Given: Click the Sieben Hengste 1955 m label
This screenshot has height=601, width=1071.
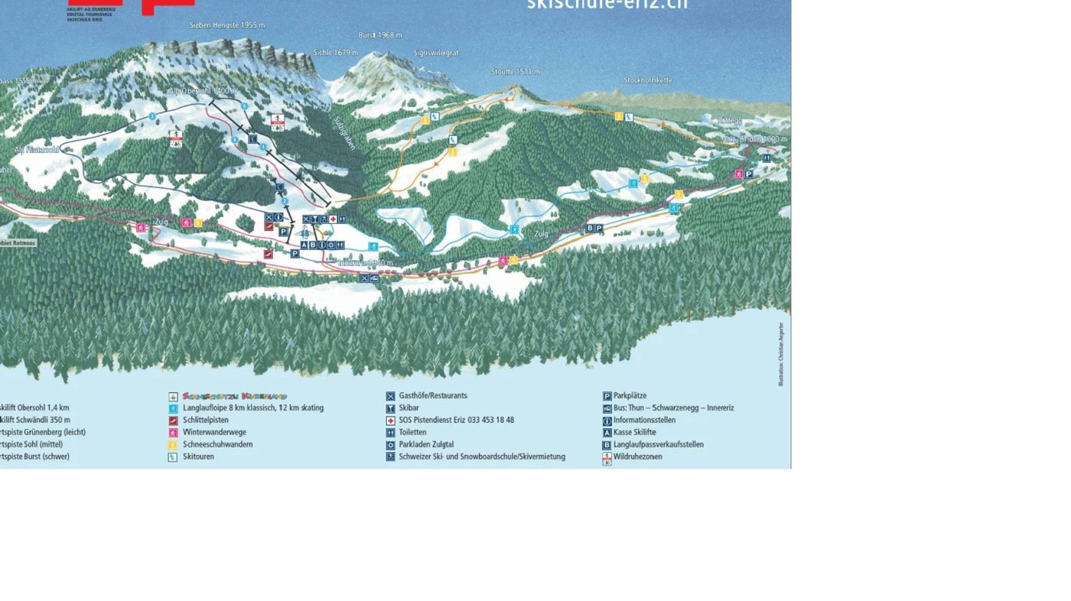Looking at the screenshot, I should tap(227, 25).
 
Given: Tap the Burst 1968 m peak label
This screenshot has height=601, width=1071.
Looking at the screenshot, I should tap(380, 35).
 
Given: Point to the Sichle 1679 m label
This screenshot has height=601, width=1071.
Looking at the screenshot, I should tap(336, 53).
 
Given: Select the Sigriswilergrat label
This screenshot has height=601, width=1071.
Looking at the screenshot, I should tap(436, 53).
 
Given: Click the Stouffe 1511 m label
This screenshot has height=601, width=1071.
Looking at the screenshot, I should tap(516, 72).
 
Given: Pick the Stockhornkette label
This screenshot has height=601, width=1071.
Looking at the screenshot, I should tap(648, 80).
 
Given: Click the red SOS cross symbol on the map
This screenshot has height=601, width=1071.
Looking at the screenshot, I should tap(333, 219).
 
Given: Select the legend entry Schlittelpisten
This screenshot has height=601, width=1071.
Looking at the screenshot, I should tap(206, 421).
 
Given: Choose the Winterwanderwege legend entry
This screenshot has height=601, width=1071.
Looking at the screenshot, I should tap(214, 433).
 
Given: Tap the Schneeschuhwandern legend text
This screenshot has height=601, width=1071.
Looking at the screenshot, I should tap(217, 445).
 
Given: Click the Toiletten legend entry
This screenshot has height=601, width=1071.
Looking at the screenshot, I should tap(412, 433).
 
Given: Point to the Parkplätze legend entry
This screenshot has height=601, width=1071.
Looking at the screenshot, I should tap(630, 396).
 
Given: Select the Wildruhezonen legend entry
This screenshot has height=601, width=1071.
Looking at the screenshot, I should tap(637, 457).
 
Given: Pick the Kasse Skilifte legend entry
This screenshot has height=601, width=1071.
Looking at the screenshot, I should tap(634, 433).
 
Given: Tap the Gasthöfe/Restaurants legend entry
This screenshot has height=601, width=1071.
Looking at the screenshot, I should tap(433, 396).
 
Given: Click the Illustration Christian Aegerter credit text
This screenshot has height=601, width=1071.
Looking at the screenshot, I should tap(781, 354).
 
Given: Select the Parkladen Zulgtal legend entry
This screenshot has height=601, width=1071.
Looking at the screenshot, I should tap(426, 445).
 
